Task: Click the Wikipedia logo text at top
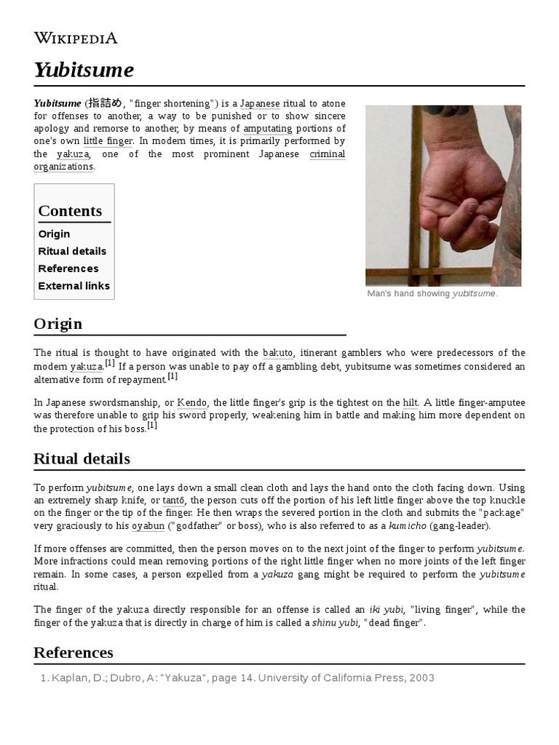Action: pos(76,39)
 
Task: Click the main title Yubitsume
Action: pos(84,71)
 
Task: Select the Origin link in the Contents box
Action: pos(54,234)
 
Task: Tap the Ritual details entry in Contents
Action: pos(72,251)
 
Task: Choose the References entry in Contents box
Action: pos(68,268)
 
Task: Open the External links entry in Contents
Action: pos(74,286)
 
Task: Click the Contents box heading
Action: pos(70,211)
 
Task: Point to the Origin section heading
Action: pos(58,324)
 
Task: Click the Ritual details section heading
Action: pos(82,459)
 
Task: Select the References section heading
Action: pos(74,653)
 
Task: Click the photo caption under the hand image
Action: pos(432,293)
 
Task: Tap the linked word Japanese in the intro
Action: pos(260,103)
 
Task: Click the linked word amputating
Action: pos(268,129)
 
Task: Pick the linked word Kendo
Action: pos(193,402)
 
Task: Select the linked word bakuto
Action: pos(277,353)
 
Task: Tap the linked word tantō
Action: pos(174,501)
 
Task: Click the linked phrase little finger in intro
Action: pos(108,141)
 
